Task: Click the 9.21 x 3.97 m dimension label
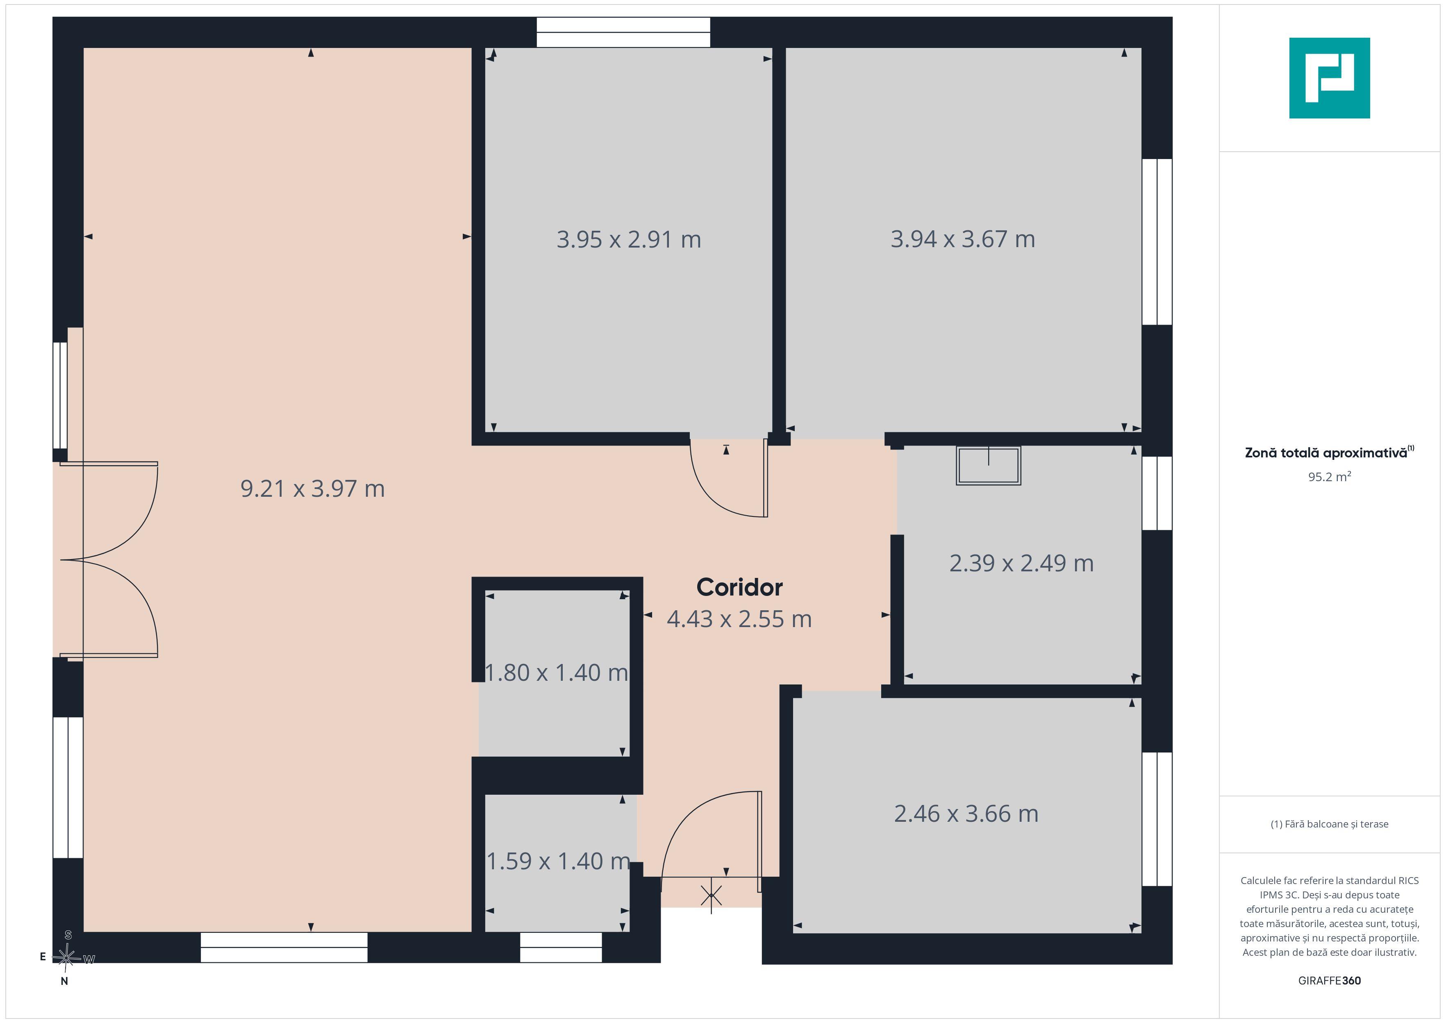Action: pos(312,489)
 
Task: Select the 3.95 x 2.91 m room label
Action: pos(629,239)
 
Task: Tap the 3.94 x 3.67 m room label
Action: pos(962,239)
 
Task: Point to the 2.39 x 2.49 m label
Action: pos(1021,563)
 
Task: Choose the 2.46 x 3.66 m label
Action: pos(966,814)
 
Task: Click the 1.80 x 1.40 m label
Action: pos(557,673)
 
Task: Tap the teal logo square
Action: pos(1330,78)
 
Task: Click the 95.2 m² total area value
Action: pos(1330,477)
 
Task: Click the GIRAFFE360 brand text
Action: pos(1330,981)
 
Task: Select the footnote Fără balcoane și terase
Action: pos(1330,824)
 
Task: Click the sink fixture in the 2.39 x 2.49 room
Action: pos(988,466)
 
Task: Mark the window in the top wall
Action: pos(623,32)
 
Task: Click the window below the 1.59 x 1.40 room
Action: pos(561,948)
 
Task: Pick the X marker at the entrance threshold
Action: pos(711,894)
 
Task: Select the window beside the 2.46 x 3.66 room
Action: pos(1157,819)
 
